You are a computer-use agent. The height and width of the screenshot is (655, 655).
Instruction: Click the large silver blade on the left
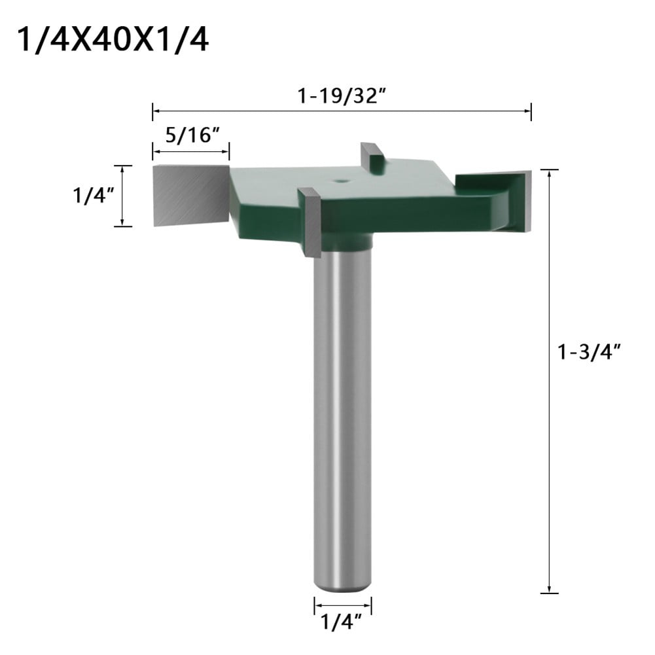pyautogui.click(x=190, y=195)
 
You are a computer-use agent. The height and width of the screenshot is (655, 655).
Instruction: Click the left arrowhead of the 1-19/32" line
pyautogui.click(x=156, y=111)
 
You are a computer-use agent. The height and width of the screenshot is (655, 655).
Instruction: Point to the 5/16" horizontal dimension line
pyautogui.click(x=190, y=152)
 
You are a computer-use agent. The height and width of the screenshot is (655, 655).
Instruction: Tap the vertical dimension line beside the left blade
pyautogui.click(x=122, y=196)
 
